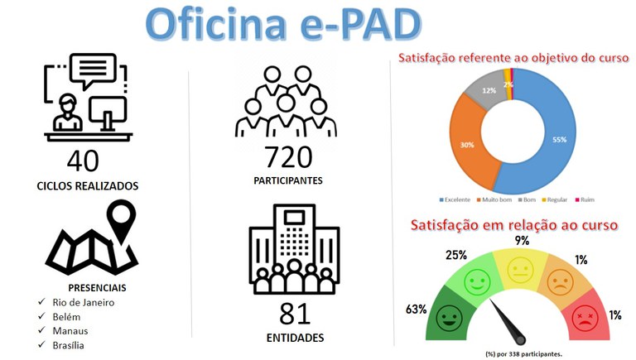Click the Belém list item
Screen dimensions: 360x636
point(66,316)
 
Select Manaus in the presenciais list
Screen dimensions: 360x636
point(70,330)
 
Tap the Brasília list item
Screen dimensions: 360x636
point(69,345)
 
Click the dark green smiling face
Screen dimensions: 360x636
point(450,318)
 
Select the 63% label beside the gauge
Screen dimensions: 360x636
point(417,310)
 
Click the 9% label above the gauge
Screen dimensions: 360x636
point(522,241)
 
